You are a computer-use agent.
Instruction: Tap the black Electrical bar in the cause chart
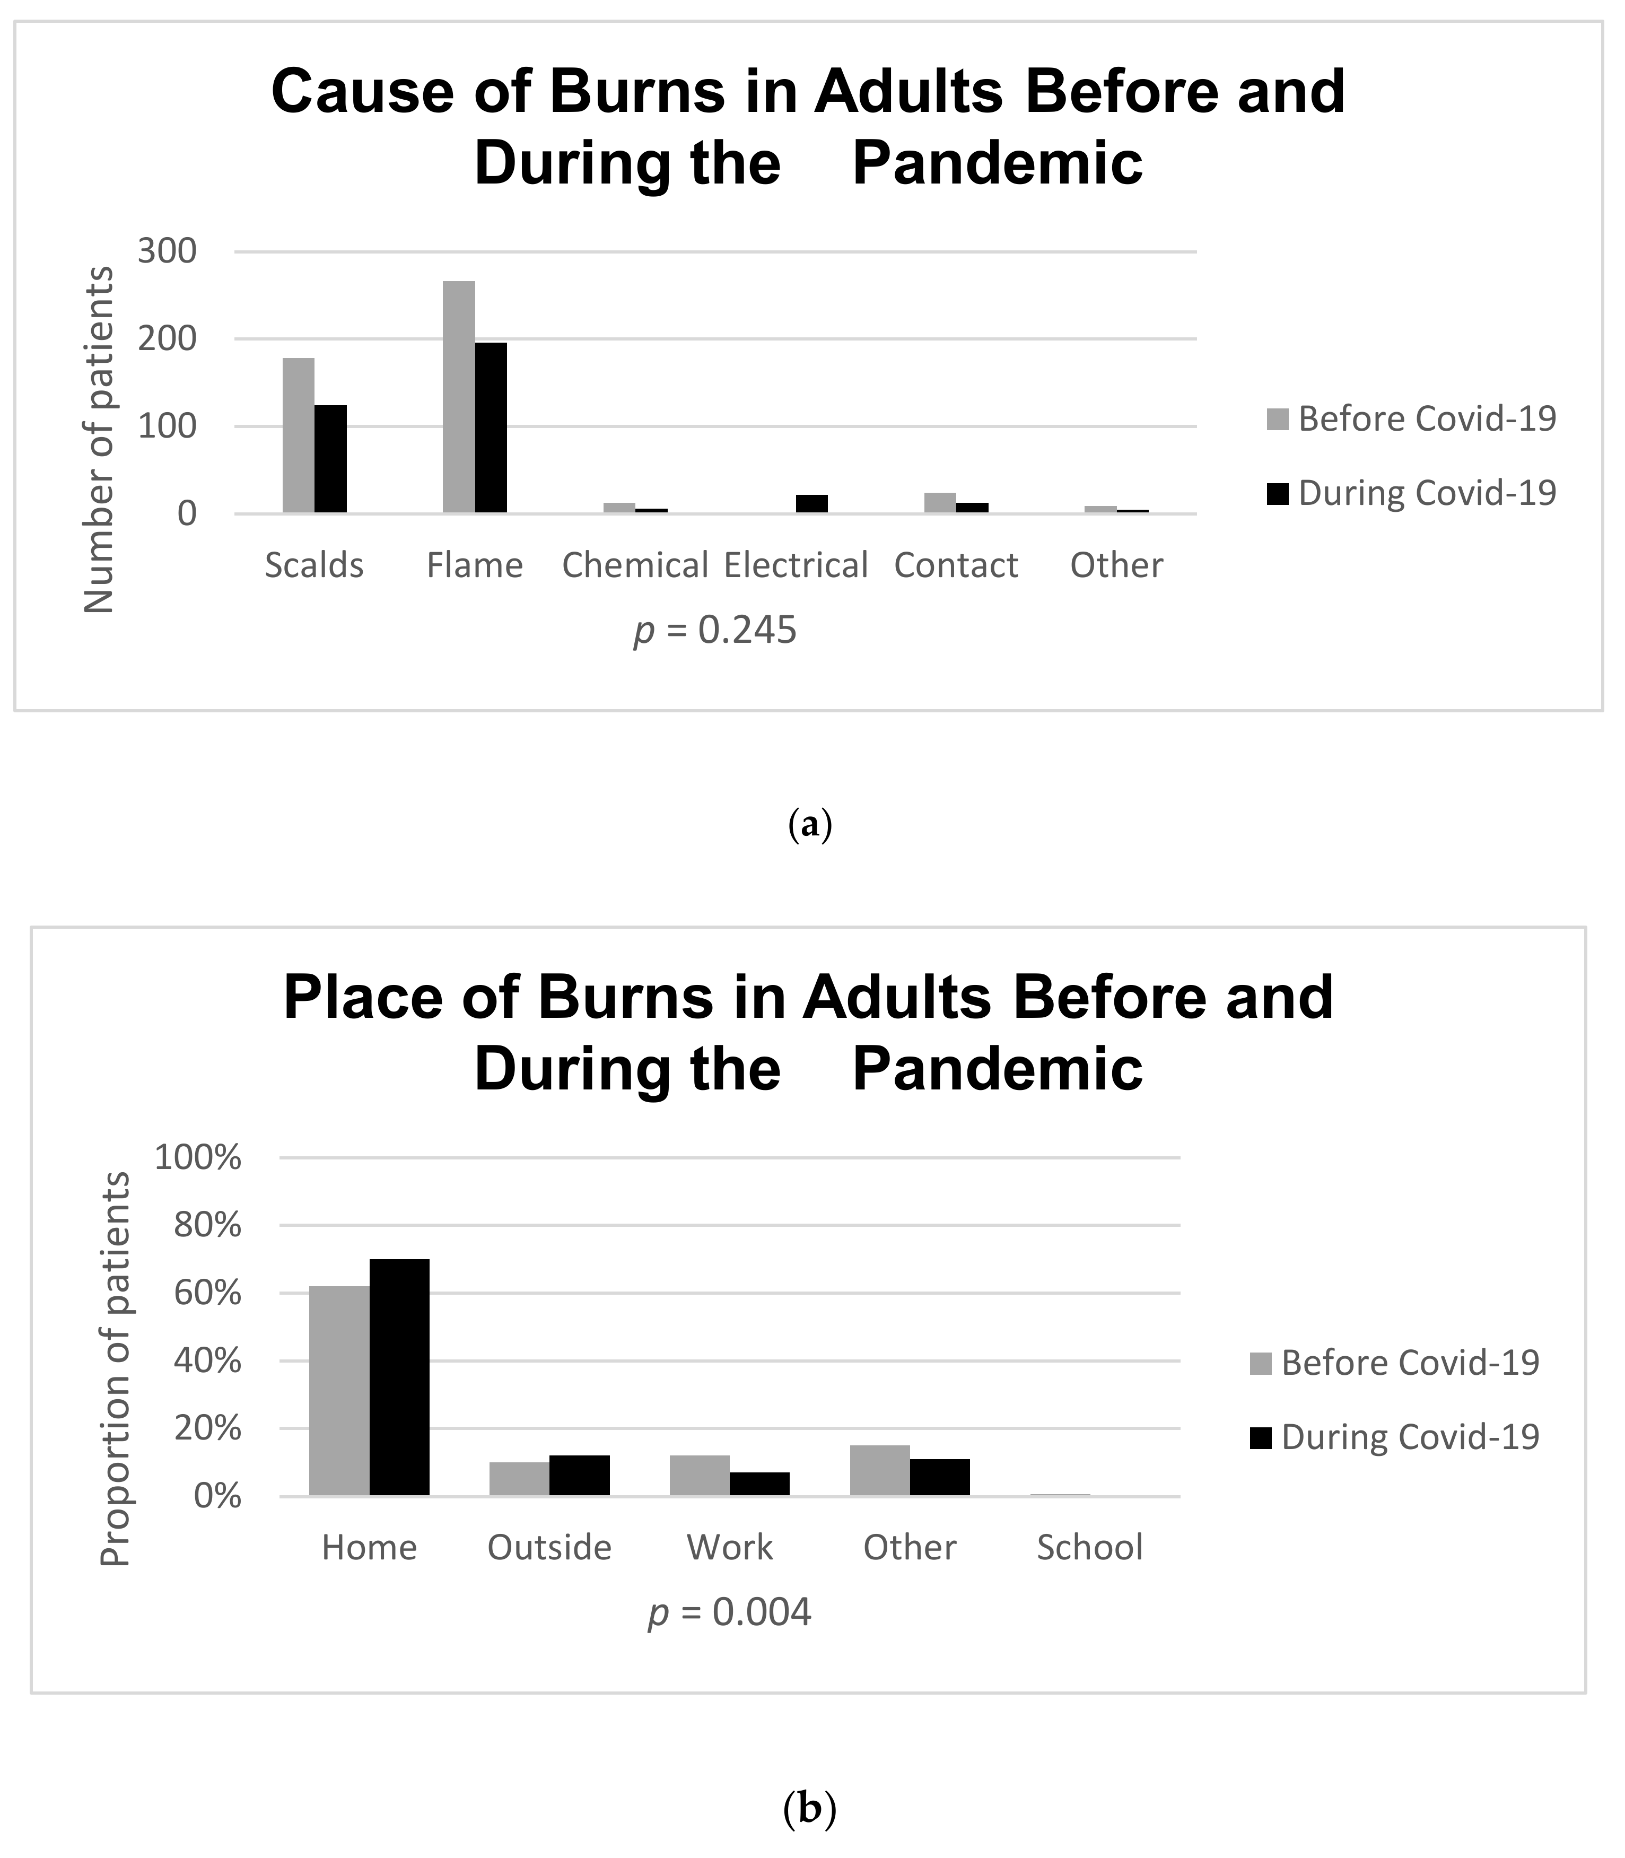811,504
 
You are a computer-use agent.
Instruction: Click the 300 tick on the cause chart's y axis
167,251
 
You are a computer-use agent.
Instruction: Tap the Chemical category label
635,566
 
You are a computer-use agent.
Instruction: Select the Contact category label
956,566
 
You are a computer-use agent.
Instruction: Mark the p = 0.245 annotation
714,630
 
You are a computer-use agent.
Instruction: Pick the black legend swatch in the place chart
1261,1437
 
